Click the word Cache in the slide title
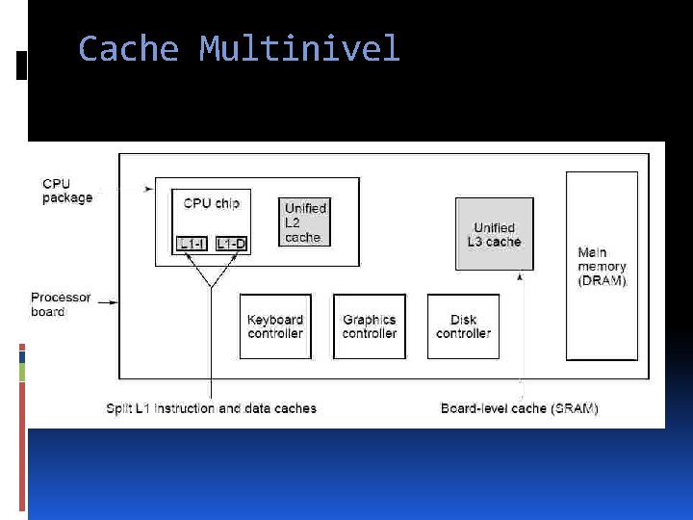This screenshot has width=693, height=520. click(128, 48)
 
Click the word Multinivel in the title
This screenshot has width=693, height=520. click(299, 48)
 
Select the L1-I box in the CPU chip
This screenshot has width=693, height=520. click(192, 244)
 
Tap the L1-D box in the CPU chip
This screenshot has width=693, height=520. click(230, 244)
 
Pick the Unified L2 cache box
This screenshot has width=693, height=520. click(305, 222)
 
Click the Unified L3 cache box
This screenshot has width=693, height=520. click(494, 234)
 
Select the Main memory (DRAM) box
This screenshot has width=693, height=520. click(602, 266)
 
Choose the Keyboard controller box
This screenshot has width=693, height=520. click(275, 326)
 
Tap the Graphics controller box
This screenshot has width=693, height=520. click(370, 326)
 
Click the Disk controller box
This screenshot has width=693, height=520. click(464, 326)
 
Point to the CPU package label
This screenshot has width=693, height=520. click(67, 191)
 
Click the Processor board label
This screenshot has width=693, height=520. click(61, 304)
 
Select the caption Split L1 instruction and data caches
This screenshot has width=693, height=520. click(211, 408)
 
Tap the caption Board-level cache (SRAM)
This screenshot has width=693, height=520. click(520, 408)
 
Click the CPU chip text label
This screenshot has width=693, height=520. click(211, 203)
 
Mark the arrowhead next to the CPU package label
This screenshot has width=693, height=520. click(147, 189)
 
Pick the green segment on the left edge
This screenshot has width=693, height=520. click(22, 372)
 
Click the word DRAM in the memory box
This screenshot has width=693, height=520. click(603, 281)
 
